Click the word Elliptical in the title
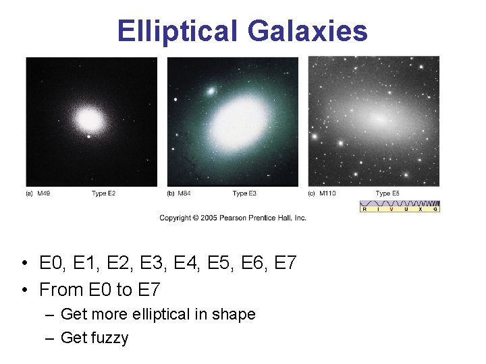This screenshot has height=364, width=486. pos(178,31)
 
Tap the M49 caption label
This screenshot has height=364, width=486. pos(43,193)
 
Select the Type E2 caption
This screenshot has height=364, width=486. pos(103,193)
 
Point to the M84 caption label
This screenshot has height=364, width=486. pos(184,193)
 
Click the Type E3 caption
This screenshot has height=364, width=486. pos(244,193)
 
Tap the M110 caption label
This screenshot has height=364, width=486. pos(327,193)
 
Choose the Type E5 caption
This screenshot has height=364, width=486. pos(387,193)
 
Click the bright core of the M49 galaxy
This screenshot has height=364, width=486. pos(88,121)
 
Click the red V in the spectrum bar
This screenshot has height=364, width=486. pos(392,209)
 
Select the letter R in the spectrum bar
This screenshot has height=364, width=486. pos(364,209)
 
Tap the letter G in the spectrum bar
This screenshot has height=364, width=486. pos(435,209)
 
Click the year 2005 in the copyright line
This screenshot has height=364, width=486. pos(208,218)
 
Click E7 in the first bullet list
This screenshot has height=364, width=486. pos(286,263)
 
